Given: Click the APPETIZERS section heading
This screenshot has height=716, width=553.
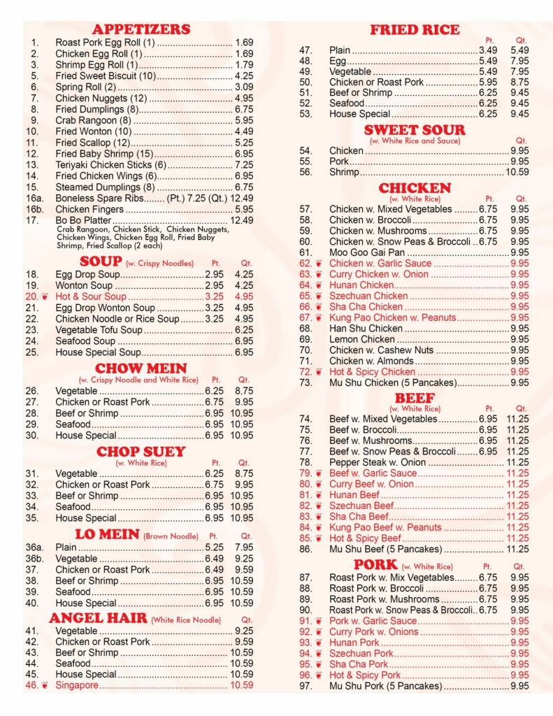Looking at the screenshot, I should point(141,29).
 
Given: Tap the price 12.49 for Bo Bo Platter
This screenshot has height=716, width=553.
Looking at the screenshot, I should point(241,220).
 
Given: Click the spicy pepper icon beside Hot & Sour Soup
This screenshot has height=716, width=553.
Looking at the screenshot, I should point(45,297).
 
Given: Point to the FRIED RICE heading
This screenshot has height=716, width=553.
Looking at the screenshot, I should point(415,29).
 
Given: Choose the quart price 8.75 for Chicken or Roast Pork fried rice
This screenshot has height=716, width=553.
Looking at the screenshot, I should point(519,82).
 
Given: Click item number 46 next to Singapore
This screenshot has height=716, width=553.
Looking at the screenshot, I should point(31,685).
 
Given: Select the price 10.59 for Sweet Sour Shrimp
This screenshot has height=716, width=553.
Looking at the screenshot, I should point(517,172).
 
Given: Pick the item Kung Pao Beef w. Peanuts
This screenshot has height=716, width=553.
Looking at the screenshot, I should point(385,527).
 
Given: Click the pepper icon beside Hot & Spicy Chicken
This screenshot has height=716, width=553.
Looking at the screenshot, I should point(319,372).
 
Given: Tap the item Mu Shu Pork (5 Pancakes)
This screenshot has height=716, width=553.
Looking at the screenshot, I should point(385,686).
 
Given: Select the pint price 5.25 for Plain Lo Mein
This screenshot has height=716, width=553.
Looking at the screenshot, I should point(214,547).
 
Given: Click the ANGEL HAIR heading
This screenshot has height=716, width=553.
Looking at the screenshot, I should point(98,618).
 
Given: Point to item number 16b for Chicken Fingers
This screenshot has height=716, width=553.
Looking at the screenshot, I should point(35,209).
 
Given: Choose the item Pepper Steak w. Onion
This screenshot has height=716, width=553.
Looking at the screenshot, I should point(377,462).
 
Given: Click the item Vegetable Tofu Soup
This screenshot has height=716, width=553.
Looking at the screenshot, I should point(99,330).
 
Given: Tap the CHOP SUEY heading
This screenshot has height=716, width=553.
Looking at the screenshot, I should point(141,451).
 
